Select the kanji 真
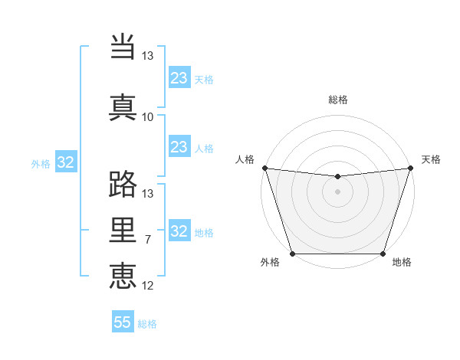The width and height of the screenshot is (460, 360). tap(123, 106)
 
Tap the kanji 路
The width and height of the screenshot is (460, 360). tap(123, 185)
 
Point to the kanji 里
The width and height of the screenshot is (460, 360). tap(123, 230)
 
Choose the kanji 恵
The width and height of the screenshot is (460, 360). tap(123, 275)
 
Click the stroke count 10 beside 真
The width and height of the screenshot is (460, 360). tap(147, 116)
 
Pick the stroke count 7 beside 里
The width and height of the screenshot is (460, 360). tap(147, 240)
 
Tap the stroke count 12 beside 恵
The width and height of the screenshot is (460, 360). tap(147, 285)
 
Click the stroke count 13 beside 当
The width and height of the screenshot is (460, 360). tap(147, 56)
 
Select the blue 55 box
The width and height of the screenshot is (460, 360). tap(123, 322)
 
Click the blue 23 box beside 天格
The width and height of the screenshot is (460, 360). tap(179, 78)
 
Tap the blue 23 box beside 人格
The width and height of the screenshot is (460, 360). tap(179, 147)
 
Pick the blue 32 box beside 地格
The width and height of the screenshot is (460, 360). tap(179, 231)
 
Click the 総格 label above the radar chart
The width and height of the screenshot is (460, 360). tap(338, 100)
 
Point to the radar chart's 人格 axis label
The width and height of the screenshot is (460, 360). tap(245, 159)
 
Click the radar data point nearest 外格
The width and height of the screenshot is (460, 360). tap(292, 254)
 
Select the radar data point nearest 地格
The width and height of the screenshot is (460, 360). tap(383, 254)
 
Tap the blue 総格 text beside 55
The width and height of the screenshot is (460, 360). tap(147, 324)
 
